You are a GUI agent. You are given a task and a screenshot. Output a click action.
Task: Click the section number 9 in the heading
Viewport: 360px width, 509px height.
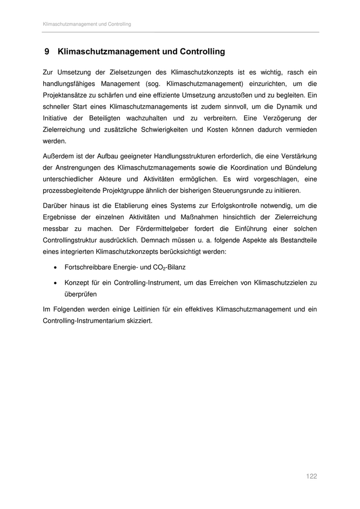pos(46,52)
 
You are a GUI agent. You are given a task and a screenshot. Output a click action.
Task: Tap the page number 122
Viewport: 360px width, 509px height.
pos(311,477)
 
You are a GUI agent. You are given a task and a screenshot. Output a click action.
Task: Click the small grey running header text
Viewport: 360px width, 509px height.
pos(86,24)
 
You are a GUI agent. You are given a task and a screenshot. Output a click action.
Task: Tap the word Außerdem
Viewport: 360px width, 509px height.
pos(58,156)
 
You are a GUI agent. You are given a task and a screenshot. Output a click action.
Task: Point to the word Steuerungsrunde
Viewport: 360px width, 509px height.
pos(254,190)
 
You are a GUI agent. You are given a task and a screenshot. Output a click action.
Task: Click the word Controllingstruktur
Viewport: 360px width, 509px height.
pos(75,240)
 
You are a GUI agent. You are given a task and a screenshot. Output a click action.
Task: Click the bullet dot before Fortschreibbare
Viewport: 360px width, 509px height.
pos(55,267)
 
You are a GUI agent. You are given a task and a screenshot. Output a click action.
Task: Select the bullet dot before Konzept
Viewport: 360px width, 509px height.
pos(55,283)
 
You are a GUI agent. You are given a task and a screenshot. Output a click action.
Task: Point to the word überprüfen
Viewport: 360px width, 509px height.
pos(81,295)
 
